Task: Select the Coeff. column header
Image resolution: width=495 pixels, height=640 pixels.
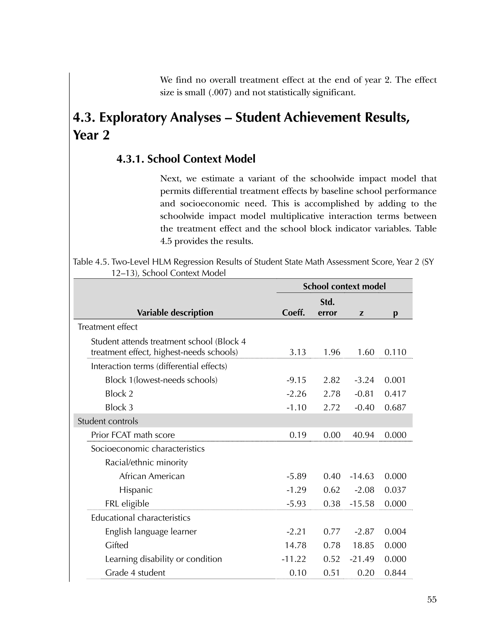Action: tap(293, 313)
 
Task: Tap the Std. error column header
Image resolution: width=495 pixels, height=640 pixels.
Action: tap(327, 307)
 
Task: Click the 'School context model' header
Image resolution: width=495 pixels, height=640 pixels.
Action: tap(344, 286)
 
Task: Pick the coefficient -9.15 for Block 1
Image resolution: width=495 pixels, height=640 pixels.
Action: tap(296, 380)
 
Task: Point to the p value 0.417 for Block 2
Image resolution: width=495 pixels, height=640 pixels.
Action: tap(395, 394)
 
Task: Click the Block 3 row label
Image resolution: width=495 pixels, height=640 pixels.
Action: tap(119, 407)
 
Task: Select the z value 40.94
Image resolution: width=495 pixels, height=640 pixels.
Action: tap(363, 435)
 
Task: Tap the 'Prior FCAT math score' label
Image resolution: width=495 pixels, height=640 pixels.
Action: tap(133, 435)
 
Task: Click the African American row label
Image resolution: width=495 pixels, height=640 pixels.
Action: tap(152, 476)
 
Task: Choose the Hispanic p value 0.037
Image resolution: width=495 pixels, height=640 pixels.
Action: tap(395, 490)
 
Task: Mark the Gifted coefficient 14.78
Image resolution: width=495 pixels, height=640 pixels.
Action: tap(296, 545)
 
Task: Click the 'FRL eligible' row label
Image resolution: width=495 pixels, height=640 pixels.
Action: tap(127, 504)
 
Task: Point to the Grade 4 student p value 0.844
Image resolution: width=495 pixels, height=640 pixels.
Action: tap(395, 573)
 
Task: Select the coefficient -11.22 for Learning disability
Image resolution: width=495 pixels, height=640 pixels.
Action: tap(294, 559)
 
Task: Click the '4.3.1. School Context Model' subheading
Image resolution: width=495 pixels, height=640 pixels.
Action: tap(186, 159)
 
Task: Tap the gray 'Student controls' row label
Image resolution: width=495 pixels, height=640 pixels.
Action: tap(108, 421)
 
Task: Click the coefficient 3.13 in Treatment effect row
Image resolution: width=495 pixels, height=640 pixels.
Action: tap(298, 352)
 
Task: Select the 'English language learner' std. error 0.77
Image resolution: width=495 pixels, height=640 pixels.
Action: tap(332, 532)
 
